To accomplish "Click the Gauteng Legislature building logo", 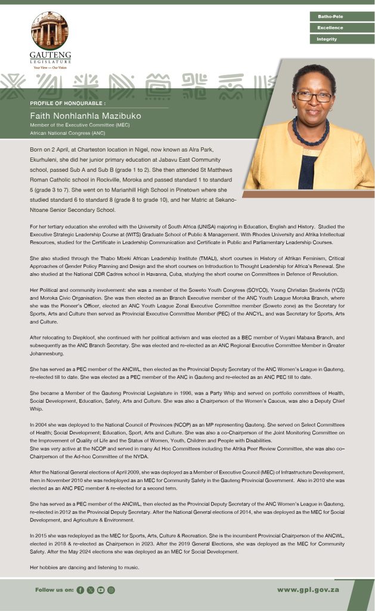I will [x=49, y=30].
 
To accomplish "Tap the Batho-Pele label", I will [x=330, y=17].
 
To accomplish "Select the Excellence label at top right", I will [x=330, y=28].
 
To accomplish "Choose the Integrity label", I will [x=327, y=39].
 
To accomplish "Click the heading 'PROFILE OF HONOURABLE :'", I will [x=67, y=103].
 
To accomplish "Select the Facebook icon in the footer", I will [x=80, y=590].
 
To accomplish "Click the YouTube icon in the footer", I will [x=101, y=590].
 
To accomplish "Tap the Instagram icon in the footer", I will [x=111, y=590].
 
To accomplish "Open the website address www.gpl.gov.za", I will [x=308, y=590].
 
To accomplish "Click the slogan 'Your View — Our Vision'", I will [x=50, y=67].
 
